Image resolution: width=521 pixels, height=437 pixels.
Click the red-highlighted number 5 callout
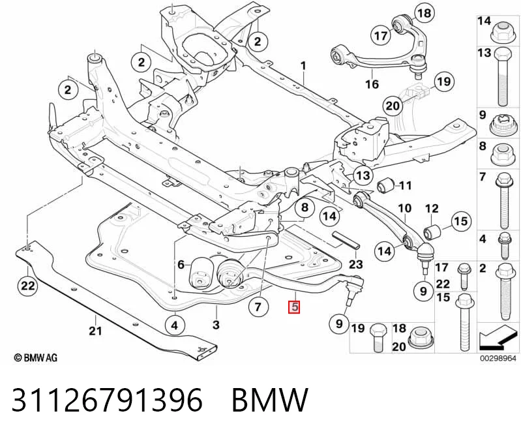click(295, 307)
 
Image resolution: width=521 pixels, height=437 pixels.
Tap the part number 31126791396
click(107, 399)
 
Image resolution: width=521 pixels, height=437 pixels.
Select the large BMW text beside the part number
click(270, 399)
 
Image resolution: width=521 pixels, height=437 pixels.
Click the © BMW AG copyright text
click(36, 357)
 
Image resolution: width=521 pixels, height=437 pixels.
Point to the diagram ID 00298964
click(498, 358)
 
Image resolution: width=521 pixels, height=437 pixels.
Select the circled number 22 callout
click(28, 286)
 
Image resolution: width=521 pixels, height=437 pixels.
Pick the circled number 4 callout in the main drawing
click(175, 325)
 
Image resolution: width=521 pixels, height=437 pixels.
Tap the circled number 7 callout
click(258, 306)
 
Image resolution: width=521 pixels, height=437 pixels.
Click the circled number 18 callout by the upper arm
click(424, 13)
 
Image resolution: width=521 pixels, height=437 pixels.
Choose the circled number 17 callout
click(381, 35)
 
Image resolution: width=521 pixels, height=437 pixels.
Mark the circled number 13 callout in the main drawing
click(363, 175)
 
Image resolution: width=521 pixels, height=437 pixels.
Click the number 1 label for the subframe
click(303, 65)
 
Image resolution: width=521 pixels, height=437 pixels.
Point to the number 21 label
click(95, 330)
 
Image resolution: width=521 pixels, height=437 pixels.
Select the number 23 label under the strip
click(356, 264)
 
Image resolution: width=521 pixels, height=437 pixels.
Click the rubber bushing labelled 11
click(385, 185)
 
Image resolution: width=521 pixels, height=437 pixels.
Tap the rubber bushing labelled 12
click(433, 231)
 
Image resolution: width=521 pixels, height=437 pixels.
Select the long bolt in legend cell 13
click(503, 76)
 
